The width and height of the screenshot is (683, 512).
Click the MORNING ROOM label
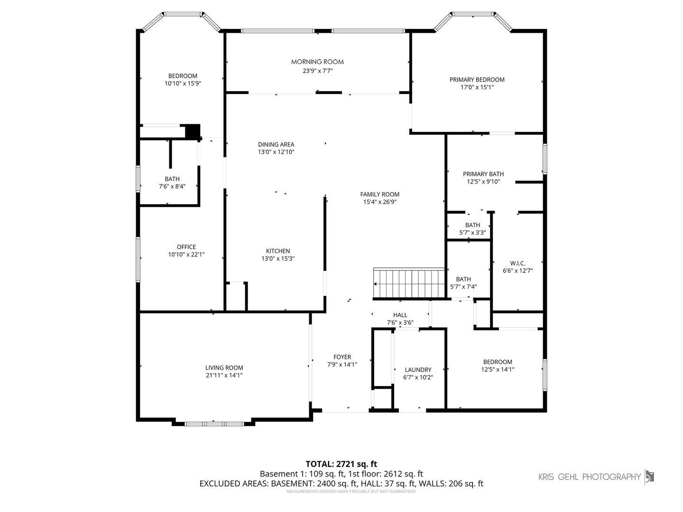click(x=317, y=62)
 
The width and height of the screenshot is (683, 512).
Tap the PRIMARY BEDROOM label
click(x=477, y=80)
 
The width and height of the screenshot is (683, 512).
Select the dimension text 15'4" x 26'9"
click(x=379, y=202)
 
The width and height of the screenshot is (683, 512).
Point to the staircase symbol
click(x=409, y=283)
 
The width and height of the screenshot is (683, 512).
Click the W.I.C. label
click(x=518, y=263)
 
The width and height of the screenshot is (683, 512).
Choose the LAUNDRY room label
click(x=418, y=370)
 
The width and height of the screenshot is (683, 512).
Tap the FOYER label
click(x=342, y=357)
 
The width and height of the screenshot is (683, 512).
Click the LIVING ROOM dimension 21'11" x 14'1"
click(x=224, y=375)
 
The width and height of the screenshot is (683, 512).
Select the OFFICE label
click(x=186, y=247)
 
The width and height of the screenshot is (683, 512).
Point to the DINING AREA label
click(x=276, y=145)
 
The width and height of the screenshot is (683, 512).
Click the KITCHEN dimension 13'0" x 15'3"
click(x=278, y=259)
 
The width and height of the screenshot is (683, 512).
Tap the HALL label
click(x=400, y=315)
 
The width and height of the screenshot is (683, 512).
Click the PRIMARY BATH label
click(x=483, y=174)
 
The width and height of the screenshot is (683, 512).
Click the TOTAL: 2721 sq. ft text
click(x=341, y=464)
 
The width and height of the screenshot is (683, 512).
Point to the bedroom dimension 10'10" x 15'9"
click(x=183, y=83)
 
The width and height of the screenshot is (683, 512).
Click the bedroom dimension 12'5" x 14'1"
click(x=498, y=369)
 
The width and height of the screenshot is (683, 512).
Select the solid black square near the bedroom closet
click(x=193, y=131)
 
